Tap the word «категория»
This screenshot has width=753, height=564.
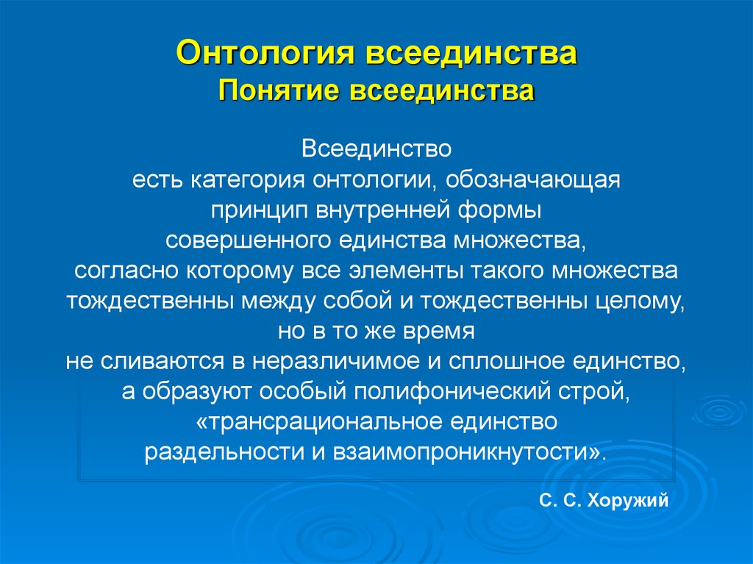pos(252,180)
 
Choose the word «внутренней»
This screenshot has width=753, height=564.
pos(372,210)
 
